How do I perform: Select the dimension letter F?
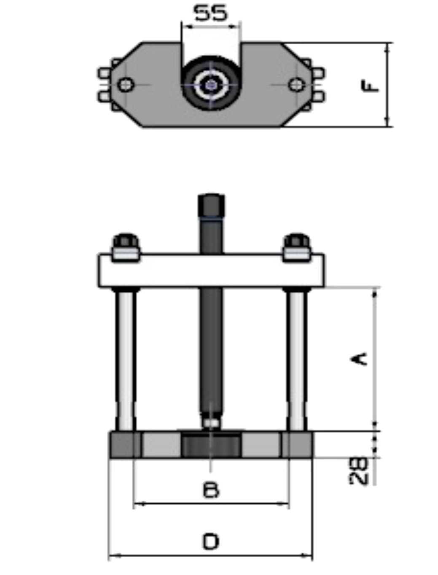click(x=370, y=86)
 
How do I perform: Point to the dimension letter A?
click(x=359, y=358)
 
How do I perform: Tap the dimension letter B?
click(x=211, y=490)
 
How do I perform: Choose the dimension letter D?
click(x=211, y=542)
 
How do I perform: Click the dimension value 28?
click(x=359, y=470)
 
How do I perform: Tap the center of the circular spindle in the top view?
click(x=211, y=86)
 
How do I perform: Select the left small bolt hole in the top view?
click(x=126, y=84)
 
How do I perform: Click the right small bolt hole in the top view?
click(x=297, y=84)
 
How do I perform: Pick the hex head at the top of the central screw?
click(x=211, y=206)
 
